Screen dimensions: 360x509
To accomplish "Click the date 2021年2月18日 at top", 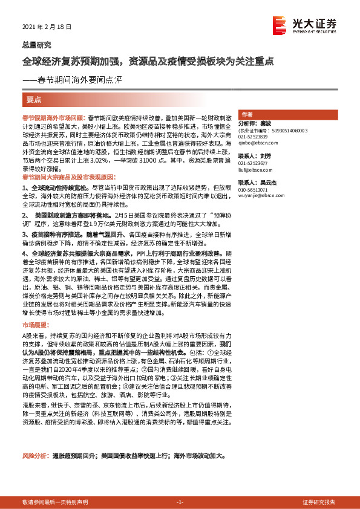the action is click(x=47, y=27).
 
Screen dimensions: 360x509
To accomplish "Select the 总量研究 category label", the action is click(x=37, y=45).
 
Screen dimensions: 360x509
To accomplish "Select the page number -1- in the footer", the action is click(x=179, y=502).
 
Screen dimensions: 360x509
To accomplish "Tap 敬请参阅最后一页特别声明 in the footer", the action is click(x=55, y=502).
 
